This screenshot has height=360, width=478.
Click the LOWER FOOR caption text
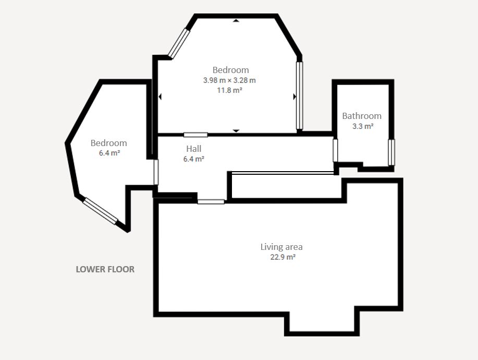click(105, 269)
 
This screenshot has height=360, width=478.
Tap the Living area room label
click(281, 247)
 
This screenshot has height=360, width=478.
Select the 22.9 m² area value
click(283, 257)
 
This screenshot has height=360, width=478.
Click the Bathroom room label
click(362, 116)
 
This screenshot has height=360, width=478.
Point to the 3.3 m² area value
click(363, 126)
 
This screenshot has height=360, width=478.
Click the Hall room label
click(194, 149)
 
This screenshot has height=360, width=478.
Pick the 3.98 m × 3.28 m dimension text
click(229, 80)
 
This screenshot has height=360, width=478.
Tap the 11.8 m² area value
click(229, 90)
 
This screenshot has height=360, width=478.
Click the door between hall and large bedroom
click(195, 135)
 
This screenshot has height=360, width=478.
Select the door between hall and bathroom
click(335, 150)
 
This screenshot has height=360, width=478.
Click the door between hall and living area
click(211, 202)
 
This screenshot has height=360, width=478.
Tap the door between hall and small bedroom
click(156, 172)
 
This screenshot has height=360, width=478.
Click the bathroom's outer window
click(391, 152)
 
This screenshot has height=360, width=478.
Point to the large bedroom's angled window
click(179, 43)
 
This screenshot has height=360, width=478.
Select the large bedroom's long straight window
click(300, 95)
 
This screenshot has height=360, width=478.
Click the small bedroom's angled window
click(100, 211)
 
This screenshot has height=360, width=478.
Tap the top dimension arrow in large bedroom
click(236, 21)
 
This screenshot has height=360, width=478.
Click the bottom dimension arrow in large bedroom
click(236, 131)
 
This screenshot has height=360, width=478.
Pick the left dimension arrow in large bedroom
click(160, 97)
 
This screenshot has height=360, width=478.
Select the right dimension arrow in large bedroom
click(295, 97)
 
